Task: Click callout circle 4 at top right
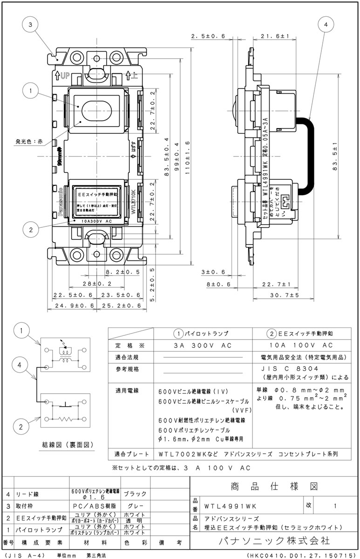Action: tap(326, 25)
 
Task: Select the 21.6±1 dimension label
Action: tap(275, 36)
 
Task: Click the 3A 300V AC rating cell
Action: tap(203, 345)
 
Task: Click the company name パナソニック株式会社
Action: tap(274, 541)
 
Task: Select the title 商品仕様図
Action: tap(274, 486)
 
